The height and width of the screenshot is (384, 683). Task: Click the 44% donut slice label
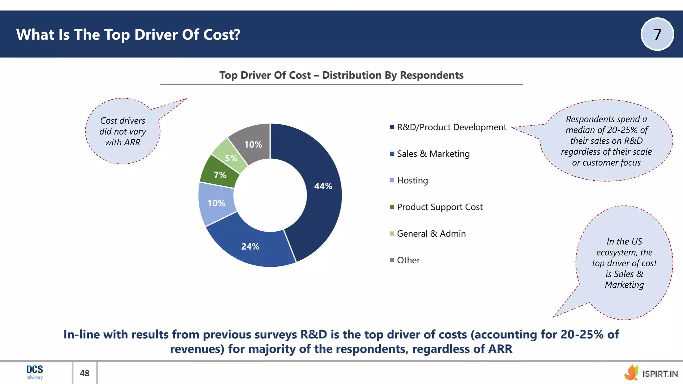pyautogui.click(x=323, y=186)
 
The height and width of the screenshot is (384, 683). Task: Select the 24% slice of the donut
pyautogui.click(x=250, y=246)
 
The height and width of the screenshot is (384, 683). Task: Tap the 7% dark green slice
pyautogui.click(x=220, y=175)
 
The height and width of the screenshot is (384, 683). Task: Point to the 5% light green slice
pyautogui.click(x=231, y=158)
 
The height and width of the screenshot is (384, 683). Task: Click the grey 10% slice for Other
pyautogui.click(x=253, y=144)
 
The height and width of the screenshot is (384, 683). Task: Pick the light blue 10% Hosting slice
pyautogui.click(x=216, y=203)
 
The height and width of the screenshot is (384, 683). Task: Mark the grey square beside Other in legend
pyautogui.click(x=392, y=260)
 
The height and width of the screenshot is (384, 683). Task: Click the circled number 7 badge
pyautogui.click(x=657, y=34)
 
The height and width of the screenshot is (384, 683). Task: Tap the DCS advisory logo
pyautogui.click(x=35, y=372)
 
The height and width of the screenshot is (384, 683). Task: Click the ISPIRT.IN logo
pyautogui.click(x=651, y=373)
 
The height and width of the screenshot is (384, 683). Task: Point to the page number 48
pyautogui.click(x=85, y=373)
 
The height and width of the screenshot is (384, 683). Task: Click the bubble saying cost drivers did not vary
pyautogui.click(x=123, y=131)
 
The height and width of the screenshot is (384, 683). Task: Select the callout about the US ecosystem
pyautogui.click(x=624, y=263)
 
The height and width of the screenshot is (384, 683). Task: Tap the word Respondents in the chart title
pyautogui.click(x=432, y=75)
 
